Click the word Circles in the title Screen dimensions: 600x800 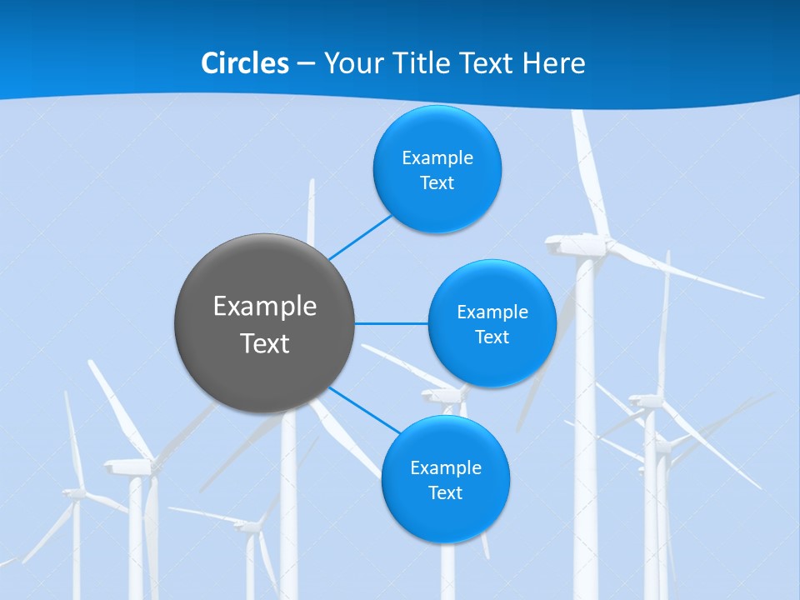[x=244, y=63]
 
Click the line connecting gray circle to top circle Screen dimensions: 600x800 [x=360, y=237]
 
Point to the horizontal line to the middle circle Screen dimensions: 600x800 [x=392, y=323]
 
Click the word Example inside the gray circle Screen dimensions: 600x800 [x=264, y=306]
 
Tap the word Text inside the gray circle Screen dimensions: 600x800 [x=264, y=343]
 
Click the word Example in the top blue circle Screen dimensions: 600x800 [x=437, y=158]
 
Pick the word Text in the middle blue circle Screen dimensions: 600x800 [x=492, y=337]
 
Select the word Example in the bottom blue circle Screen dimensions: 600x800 [x=445, y=468]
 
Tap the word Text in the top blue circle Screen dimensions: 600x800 [x=437, y=183]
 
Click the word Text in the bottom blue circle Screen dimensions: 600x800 [x=445, y=493]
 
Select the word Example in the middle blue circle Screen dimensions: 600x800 [x=492, y=312]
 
